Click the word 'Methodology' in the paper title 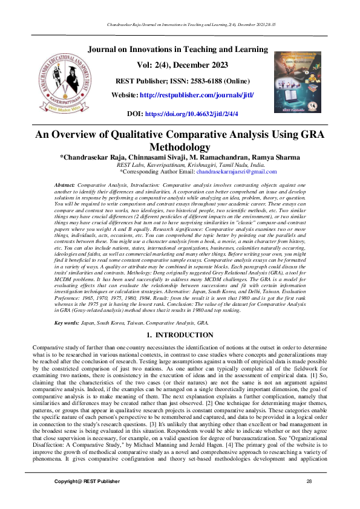coord(180,148)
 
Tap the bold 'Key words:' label coord(67,323)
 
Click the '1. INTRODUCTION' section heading coord(180,334)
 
